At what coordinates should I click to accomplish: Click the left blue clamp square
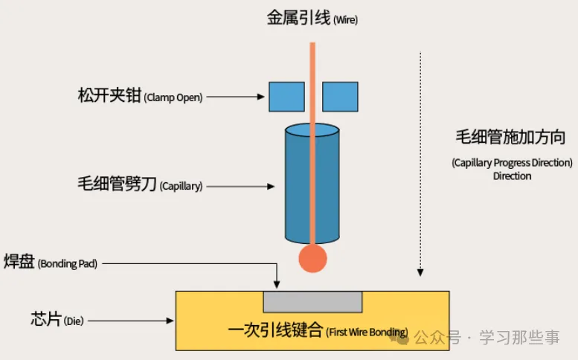pyautogui.click(x=286, y=97)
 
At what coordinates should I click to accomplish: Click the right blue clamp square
pyautogui.click(x=340, y=97)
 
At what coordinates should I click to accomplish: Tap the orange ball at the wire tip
pyautogui.click(x=312, y=258)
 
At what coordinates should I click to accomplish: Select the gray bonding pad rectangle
pyautogui.click(x=312, y=302)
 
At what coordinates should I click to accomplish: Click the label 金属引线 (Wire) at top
pyautogui.click(x=312, y=19)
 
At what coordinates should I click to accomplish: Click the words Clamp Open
pyautogui.click(x=173, y=97)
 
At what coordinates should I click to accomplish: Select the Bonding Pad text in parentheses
pyautogui.click(x=68, y=264)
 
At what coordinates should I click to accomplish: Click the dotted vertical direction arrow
pyautogui.click(x=421, y=164)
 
